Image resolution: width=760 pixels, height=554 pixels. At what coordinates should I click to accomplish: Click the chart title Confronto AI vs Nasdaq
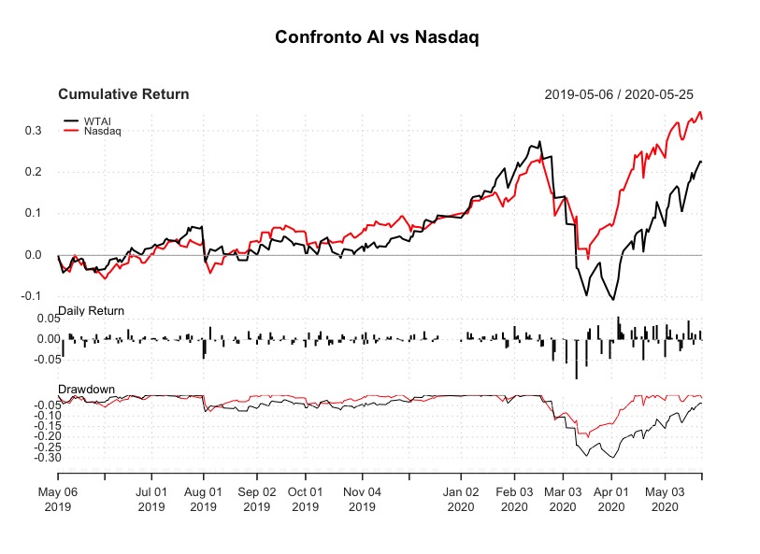point(379,37)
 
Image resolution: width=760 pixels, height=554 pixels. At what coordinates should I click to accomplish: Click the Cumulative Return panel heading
point(123,94)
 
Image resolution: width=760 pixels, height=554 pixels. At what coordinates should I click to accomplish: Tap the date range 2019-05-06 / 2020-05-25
point(618,94)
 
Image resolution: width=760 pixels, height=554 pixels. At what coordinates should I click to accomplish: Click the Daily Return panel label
point(91,310)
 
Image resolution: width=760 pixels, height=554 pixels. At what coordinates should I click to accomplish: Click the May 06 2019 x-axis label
point(58,498)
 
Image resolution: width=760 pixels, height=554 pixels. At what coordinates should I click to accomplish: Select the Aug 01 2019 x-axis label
point(204,498)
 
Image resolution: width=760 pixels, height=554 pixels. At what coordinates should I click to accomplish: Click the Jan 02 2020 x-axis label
point(461,498)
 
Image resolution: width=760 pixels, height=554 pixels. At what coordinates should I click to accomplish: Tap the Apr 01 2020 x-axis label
point(610,498)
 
